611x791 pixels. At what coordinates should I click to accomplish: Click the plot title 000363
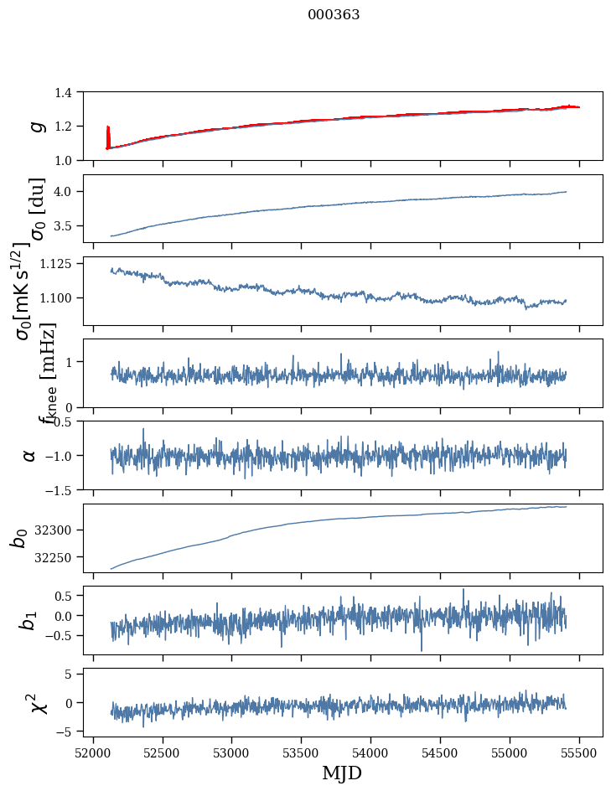point(334,15)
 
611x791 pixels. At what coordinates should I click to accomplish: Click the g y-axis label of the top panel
point(36,126)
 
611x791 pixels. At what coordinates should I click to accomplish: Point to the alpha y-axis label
point(29,455)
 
